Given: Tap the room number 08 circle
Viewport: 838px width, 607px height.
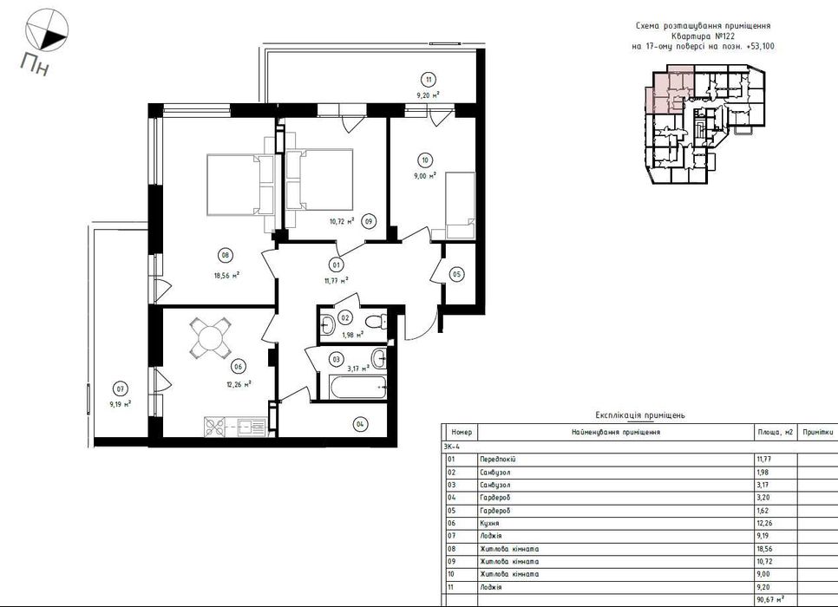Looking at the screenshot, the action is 225,256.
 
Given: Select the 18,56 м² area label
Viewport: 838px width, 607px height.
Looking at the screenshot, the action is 226,276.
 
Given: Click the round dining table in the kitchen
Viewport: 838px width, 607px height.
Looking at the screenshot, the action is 210,337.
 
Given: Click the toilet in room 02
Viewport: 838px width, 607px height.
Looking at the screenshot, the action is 376,323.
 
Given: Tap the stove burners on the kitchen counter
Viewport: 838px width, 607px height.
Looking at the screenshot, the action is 218,427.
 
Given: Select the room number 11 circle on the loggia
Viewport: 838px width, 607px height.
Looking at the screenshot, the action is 429,80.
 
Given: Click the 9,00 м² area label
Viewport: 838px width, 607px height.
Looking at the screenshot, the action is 427,175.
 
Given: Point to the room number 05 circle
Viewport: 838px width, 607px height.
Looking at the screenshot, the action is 456,275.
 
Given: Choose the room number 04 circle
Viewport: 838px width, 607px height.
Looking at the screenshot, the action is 360,424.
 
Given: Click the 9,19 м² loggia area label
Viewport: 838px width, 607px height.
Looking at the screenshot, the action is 121,404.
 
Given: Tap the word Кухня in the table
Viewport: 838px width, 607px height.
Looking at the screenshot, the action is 489,523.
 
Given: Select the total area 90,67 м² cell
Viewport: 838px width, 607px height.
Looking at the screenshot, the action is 769,600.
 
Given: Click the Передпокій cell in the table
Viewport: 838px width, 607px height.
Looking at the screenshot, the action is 498,459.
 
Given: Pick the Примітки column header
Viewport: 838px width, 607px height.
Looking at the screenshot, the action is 818,433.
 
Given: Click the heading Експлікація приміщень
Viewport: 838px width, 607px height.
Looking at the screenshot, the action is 639,415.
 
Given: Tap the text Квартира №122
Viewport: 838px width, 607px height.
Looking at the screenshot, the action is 701,36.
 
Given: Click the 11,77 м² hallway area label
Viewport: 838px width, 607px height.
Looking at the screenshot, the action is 337,279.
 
